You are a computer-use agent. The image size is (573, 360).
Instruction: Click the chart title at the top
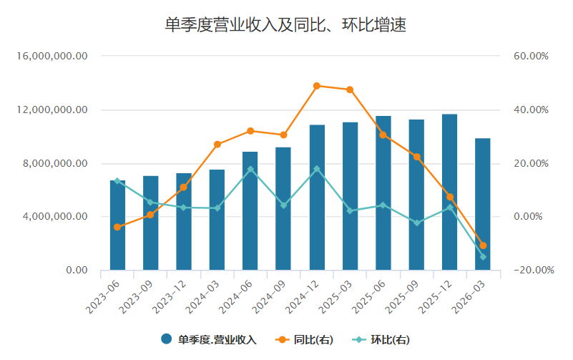[x=285, y=25]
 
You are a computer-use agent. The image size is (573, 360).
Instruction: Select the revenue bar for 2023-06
[x=117, y=225]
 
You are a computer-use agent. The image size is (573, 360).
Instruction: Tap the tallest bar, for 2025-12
[x=449, y=193]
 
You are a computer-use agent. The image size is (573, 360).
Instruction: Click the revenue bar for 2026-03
[x=482, y=204]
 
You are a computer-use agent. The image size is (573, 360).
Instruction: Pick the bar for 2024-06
[x=250, y=211]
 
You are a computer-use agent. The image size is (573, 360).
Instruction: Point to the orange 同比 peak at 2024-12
[x=317, y=86]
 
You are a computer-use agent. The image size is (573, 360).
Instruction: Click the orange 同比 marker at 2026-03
[x=483, y=245]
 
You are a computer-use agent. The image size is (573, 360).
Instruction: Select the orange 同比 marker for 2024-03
[x=217, y=145]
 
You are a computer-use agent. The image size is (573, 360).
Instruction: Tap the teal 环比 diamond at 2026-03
[x=483, y=257]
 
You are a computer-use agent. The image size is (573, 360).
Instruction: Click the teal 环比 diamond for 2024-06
[x=250, y=169]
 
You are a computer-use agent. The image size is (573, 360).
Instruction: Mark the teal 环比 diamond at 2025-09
[x=417, y=223]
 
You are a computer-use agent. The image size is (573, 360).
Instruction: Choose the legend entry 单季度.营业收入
[x=209, y=339]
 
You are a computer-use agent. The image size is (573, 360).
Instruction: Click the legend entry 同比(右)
[x=304, y=339]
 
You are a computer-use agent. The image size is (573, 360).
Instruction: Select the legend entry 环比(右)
[x=381, y=339]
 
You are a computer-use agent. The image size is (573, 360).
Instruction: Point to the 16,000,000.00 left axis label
[x=52, y=56]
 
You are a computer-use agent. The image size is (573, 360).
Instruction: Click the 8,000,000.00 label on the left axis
[x=55, y=163]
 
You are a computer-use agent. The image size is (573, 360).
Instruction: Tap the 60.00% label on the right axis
[x=531, y=56]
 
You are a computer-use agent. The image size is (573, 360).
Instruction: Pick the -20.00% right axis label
[x=534, y=270]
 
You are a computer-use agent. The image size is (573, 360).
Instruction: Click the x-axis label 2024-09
[x=268, y=297]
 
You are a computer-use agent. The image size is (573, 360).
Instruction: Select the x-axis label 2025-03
[x=335, y=297]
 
